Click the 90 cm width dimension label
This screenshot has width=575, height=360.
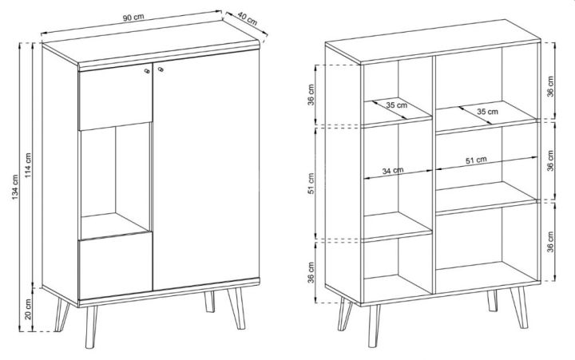[133, 18]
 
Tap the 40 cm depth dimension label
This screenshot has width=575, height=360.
[248, 18]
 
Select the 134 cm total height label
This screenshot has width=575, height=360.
[15, 187]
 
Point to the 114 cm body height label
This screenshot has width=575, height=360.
[28, 166]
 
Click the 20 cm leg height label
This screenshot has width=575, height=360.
[28, 309]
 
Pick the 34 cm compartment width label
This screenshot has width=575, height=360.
[393, 171]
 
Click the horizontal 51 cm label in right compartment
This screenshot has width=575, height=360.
[476, 160]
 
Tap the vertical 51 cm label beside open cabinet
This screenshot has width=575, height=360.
[311, 184]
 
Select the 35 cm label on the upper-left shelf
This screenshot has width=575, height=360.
[396, 105]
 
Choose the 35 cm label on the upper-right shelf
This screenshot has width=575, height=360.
[487, 111]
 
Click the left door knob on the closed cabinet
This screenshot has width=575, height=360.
[147, 71]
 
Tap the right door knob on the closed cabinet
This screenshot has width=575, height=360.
[161, 69]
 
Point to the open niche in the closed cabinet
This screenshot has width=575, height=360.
[115, 180]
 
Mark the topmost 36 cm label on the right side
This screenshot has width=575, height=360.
[550, 86]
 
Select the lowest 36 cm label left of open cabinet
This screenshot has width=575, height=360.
[311, 272]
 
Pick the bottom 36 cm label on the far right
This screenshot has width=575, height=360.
[550, 242]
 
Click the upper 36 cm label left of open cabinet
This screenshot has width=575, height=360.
[311, 95]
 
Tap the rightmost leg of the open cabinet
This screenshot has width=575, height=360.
[518, 307]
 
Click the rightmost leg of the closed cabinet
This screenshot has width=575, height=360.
[236, 308]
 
